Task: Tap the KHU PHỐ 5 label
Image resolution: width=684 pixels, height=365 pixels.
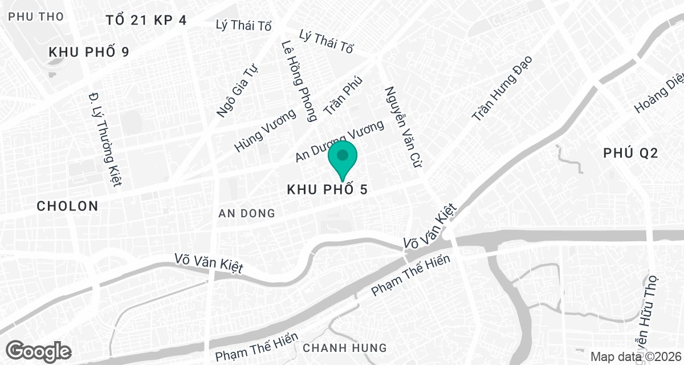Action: [x=327, y=189]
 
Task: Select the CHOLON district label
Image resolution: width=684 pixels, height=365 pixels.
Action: [x=67, y=206]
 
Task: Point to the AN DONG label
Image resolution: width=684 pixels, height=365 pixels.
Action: [x=247, y=214]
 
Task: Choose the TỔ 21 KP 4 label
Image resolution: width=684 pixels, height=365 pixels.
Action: [x=146, y=21]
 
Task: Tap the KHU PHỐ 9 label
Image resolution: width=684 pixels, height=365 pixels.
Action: [x=89, y=52]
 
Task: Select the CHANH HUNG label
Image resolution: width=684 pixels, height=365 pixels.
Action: [x=345, y=347]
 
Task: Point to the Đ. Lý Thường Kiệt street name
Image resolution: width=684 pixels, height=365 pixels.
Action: [x=107, y=139]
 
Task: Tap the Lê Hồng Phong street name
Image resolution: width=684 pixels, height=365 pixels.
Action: [x=299, y=80]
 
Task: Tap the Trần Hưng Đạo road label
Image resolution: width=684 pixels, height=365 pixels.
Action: [x=502, y=88]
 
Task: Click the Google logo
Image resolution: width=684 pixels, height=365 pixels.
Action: [x=39, y=350]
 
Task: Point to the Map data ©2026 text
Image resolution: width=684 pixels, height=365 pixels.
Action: [x=635, y=357]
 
